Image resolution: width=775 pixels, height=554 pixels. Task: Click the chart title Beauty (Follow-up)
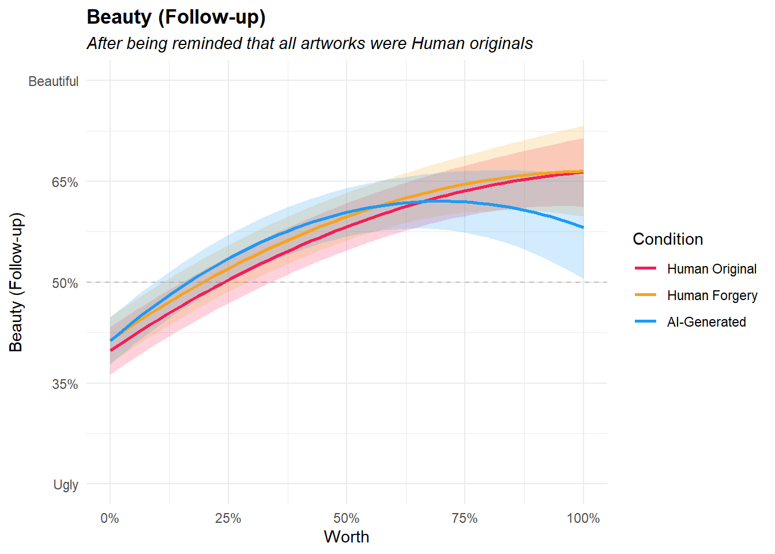(176, 17)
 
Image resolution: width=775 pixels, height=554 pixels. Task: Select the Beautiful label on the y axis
(53, 81)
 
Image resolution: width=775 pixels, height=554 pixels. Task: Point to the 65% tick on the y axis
(65, 182)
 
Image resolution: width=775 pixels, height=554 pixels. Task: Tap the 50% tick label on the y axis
(65, 283)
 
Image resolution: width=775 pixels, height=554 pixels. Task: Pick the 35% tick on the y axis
(65, 384)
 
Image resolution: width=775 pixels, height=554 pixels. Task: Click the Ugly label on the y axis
(66, 485)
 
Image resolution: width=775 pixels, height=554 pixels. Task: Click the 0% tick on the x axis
(110, 518)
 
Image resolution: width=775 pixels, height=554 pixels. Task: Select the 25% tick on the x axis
(228, 518)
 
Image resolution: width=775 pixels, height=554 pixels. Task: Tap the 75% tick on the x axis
(465, 518)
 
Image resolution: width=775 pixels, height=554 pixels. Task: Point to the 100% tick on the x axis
(583, 518)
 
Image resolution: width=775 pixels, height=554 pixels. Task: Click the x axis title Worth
(346, 537)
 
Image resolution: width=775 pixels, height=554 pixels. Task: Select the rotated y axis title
(16, 282)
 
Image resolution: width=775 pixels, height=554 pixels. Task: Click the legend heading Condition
(668, 239)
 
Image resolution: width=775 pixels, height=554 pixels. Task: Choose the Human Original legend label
(712, 269)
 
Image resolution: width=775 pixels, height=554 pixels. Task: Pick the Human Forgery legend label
(712, 295)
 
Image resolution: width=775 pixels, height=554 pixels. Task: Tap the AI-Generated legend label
(706, 322)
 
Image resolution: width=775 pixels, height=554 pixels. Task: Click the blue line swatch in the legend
(645, 321)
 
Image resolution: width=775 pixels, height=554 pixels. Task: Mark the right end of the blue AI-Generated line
(583, 227)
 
